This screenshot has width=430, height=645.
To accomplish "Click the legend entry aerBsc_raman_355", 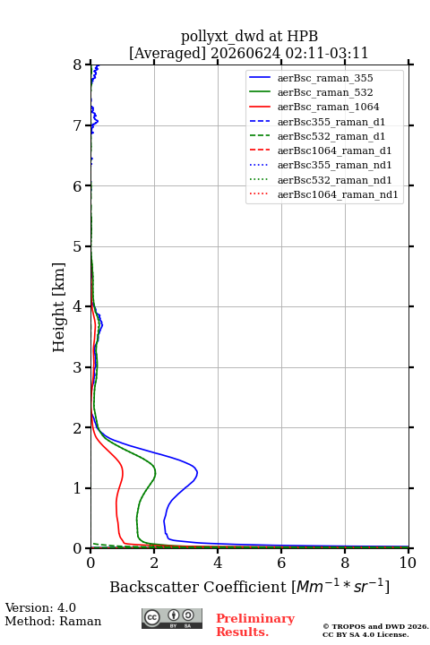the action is tap(311, 78).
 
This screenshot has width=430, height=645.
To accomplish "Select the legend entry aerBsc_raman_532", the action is tap(311, 92).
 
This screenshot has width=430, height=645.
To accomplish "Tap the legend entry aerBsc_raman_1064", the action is tap(314, 107).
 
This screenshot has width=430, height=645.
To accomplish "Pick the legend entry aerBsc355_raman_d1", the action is tap(317, 122).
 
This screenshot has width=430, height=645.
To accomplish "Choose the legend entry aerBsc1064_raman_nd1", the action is tap(323, 194).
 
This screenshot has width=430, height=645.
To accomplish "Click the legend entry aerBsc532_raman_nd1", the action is tap(321, 180).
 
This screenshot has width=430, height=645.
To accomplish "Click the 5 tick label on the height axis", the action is tap(78, 246).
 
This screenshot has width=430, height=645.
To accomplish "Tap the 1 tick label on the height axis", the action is tap(78, 488).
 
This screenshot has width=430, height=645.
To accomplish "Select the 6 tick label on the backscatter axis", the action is tap(281, 563).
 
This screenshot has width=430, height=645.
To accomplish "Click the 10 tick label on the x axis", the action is tap(408, 563).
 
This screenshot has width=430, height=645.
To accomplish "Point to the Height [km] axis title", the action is tap(58, 307).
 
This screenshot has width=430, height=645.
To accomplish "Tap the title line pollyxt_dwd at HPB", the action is tap(249, 36).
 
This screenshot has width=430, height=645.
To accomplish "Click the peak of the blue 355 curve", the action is tap(197, 472).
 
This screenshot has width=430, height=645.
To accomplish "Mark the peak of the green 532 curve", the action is tap(156, 472).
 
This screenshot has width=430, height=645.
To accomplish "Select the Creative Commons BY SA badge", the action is tap(172, 618).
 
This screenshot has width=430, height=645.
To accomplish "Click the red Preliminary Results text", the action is tap(255, 624).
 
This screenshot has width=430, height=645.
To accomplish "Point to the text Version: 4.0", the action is tap(40, 607).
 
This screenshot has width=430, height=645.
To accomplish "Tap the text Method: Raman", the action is tap(53, 621).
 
